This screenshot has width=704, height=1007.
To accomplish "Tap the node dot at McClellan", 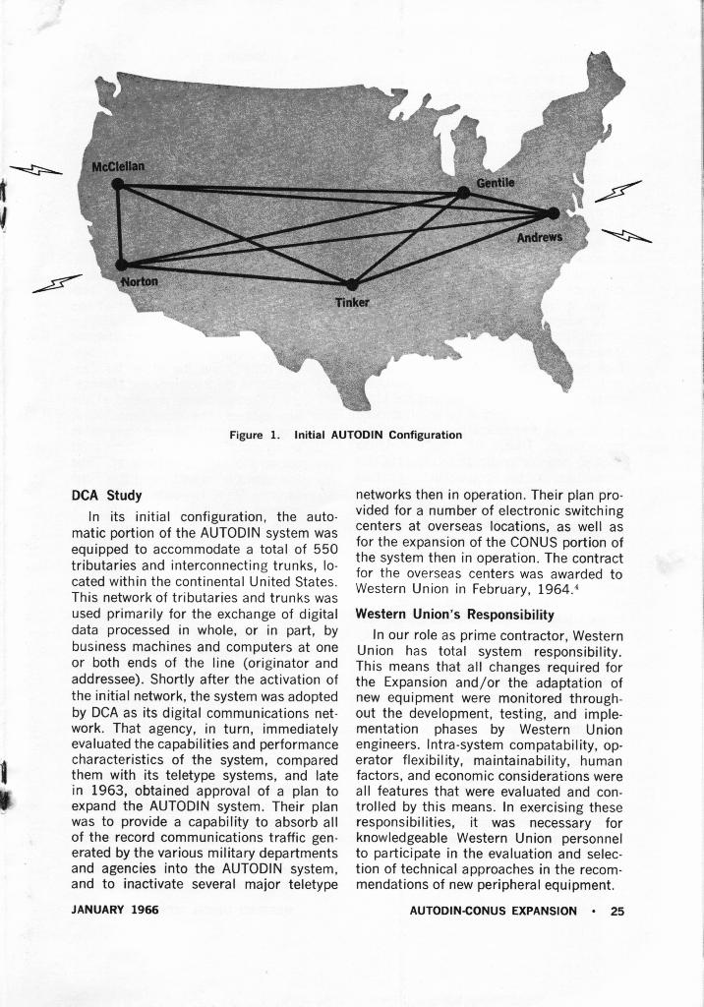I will click(118, 184).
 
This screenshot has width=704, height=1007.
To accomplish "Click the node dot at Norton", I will click(121, 265).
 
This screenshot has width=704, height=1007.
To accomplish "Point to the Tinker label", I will click(351, 302).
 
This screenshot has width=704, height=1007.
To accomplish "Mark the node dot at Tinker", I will click(352, 284).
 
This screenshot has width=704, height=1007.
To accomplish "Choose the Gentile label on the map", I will click(496, 184).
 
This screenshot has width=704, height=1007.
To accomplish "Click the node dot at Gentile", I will click(463, 193).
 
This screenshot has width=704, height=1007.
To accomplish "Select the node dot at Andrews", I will click(553, 213).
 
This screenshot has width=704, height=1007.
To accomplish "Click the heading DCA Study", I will click(108, 494).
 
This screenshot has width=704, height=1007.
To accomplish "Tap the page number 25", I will click(616, 911).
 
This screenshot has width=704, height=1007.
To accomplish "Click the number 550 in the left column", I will click(323, 547).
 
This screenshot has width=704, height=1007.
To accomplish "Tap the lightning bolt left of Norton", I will click(56, 284).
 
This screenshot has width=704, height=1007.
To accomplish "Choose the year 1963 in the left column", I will click(107, 789).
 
